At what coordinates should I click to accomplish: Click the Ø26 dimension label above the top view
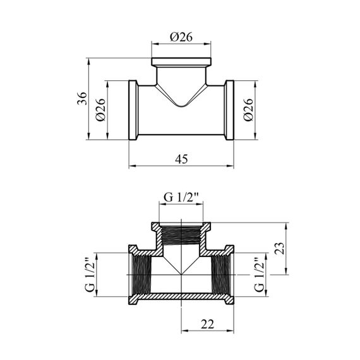181,37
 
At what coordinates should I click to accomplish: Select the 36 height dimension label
82,99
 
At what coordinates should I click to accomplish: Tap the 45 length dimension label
181,159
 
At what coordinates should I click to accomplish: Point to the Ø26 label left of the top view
100,110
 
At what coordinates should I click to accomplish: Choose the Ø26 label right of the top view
248,110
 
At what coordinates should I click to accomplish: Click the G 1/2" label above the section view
181,198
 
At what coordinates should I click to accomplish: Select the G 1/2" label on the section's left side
90,275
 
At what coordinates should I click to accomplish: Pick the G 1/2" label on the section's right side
260,275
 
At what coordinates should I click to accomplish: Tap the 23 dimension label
280,248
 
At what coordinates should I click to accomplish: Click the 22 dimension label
207,324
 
